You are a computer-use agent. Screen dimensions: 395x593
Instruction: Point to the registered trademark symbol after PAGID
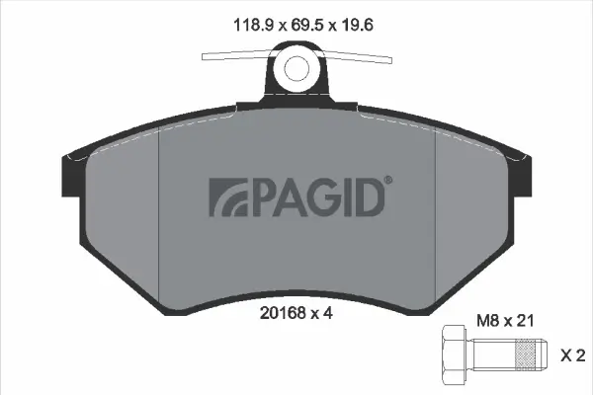387,181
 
